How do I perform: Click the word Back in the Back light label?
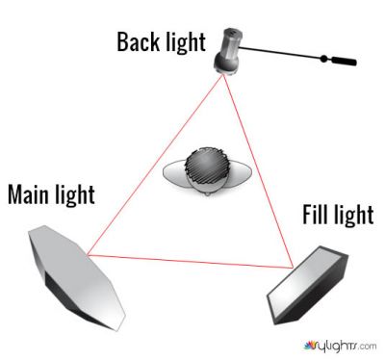pyautogui.click(x=140, y=42)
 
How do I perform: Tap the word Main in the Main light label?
pyautogui.click(x=31, y=195)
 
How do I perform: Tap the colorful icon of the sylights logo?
pyautogui.click(x=310, y=343)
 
